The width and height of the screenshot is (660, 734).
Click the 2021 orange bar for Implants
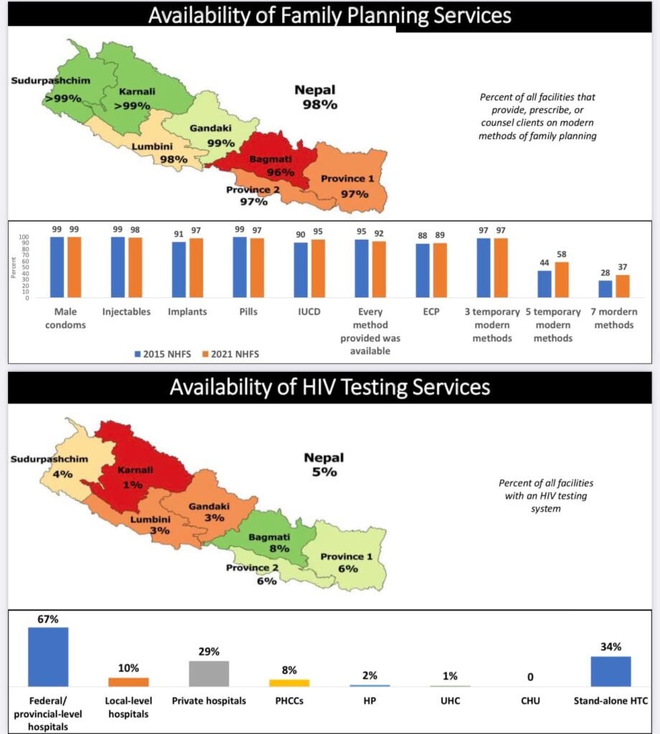(197, 268)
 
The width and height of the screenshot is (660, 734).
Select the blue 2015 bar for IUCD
(301, 270)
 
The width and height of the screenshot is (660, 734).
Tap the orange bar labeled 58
(562, 280)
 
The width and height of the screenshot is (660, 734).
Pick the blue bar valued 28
(605, 289)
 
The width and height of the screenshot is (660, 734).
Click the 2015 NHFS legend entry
(163, 354)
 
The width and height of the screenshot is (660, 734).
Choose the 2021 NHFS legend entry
(230, 354)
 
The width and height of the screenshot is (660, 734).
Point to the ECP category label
(431, 312)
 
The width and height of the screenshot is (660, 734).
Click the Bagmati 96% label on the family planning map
(272, 166)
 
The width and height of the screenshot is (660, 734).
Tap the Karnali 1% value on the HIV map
(133, 485)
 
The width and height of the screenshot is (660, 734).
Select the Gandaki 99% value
(221, 143)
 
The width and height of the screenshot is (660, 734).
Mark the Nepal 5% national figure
(324, 464)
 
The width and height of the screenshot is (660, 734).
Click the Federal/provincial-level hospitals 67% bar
(48, 657)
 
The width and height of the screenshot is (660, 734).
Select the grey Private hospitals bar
(209, 674)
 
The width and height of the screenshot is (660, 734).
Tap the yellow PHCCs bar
(290, 683)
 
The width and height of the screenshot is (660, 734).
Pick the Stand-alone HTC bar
(610, 671)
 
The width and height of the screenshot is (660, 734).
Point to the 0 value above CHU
(530, 677)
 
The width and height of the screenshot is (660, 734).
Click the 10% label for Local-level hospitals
(128, 668)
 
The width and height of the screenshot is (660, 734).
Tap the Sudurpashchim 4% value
(62, 475)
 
